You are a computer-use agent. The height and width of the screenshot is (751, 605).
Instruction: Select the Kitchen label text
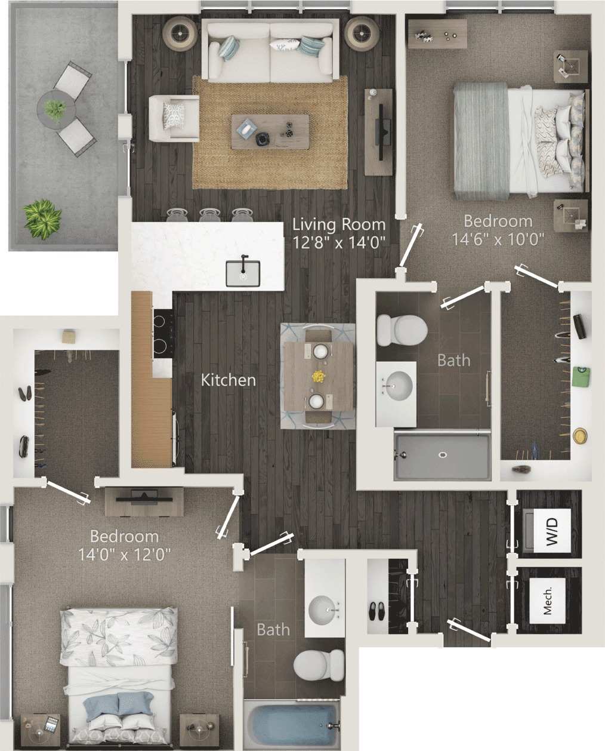tap(229, 380)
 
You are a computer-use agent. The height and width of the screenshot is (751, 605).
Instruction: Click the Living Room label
tap(339, 225)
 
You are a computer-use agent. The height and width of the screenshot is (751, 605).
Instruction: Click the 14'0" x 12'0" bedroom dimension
tap(125, 554)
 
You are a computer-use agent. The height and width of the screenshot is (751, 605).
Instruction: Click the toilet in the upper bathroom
tap(401, 329)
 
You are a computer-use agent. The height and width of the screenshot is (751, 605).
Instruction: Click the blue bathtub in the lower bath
tap(292, 722)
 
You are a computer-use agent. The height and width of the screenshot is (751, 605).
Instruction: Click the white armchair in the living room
tap(174, 118)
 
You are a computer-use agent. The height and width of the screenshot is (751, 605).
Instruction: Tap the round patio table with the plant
tap(55, 109)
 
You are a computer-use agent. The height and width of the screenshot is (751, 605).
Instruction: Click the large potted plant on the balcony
tap(42, 218)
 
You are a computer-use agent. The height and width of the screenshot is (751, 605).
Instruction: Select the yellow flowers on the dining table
tap(319, 377)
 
